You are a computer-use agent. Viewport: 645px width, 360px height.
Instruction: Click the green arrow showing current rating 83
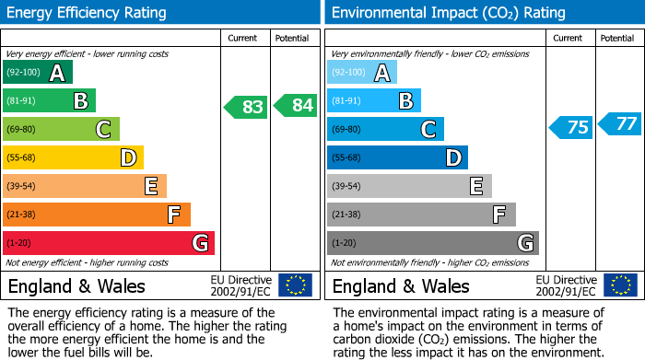tap(246, 107)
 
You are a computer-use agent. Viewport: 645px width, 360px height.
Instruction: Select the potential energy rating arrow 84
tap(295, 107)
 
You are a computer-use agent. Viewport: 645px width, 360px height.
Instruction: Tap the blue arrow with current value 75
tap(570, 127)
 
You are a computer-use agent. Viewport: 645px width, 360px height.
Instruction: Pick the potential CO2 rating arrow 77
tap(619, 123)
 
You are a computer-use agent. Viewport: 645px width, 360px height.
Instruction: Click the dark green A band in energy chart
tap(38, 73)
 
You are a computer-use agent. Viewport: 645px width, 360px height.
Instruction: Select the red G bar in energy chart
tap(109, 243)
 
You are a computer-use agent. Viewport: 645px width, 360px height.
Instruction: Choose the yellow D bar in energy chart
tap(73, 157)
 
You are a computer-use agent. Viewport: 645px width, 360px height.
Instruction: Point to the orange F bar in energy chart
tap(97, 215)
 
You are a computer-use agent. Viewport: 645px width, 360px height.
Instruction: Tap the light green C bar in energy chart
tap(61, 129)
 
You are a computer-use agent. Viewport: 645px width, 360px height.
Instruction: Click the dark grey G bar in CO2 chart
tap(432, 243)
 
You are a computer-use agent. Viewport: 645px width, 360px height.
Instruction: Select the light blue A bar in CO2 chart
tap(362, 73)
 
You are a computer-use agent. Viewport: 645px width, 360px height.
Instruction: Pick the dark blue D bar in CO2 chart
tap(397, 157)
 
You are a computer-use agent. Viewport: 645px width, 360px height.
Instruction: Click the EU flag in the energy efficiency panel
tap(295, 285)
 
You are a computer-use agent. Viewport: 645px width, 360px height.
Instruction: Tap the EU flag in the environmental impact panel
tap(619, 285)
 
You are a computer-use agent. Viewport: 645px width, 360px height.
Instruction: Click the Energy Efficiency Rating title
tap(88, 13)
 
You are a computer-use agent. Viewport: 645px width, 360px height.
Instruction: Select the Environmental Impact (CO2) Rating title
tap(448, 13)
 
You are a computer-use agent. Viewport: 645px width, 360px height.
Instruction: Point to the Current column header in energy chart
tap(244, 38)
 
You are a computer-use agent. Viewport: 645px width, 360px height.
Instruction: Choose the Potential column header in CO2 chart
tap(617, 38)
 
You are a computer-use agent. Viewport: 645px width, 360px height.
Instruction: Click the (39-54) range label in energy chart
tap(22, 187)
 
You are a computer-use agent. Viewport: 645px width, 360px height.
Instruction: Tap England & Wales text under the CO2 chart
tap(401, 286)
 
